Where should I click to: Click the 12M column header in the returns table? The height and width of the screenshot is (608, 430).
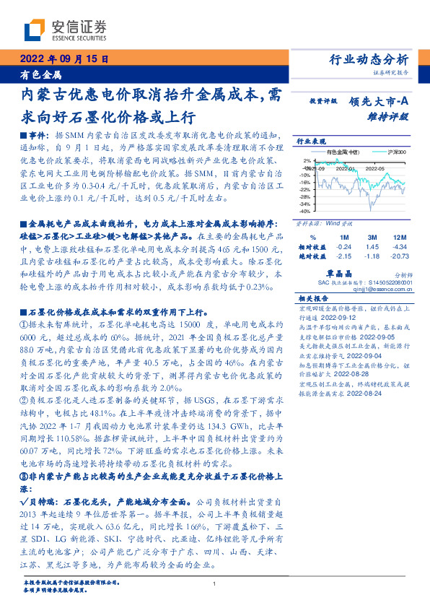point(398,237)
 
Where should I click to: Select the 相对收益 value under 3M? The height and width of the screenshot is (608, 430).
point(373,246)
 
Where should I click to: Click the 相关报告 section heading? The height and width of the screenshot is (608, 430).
point(313,298)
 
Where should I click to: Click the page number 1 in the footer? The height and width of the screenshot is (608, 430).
point(215,585)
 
